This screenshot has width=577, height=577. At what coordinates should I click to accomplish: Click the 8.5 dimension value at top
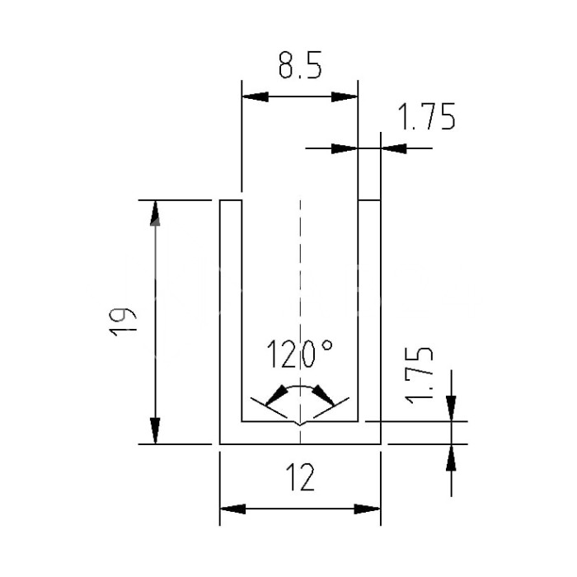298,66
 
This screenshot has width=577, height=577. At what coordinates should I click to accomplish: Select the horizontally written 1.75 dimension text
426,119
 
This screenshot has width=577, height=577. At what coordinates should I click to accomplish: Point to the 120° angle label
299,355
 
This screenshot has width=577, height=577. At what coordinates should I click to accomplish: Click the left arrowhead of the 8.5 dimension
253,96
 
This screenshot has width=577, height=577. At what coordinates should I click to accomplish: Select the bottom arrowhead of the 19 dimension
155,431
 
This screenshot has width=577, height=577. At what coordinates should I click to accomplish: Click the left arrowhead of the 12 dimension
232,509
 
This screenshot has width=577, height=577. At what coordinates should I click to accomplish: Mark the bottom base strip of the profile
300,434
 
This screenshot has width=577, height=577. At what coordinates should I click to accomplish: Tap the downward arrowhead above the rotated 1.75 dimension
452,406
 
